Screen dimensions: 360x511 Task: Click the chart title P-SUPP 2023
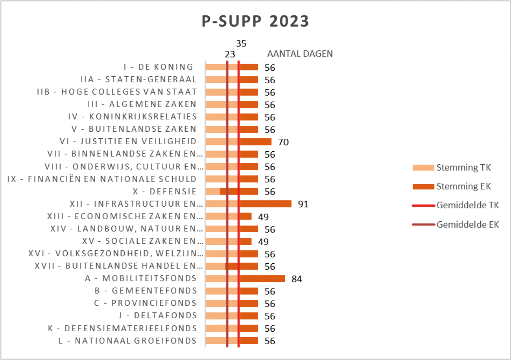point(255,22)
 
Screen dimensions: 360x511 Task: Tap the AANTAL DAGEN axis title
point(300,54)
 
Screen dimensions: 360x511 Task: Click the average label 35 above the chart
point(241,43)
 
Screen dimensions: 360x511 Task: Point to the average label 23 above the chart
point(230,55)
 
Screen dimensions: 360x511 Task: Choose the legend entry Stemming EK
point(464,186)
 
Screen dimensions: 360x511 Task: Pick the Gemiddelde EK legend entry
point(467,225)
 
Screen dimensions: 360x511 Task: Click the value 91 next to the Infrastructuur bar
point(303,204)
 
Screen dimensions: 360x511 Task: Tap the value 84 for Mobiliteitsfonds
point(296,279)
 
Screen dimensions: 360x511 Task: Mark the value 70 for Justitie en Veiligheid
point(283,142)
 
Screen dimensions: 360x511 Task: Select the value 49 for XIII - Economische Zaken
point(263,217)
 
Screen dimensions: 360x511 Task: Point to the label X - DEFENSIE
point(165,191)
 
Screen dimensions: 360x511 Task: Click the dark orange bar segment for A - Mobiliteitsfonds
point(262,279)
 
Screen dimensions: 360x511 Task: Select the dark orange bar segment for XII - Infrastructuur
point(266,204)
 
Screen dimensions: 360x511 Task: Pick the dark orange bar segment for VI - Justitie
point(256,142)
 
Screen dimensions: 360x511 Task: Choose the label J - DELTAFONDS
point(157,316)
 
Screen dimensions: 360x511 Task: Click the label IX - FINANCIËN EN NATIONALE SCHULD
point(102,179)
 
